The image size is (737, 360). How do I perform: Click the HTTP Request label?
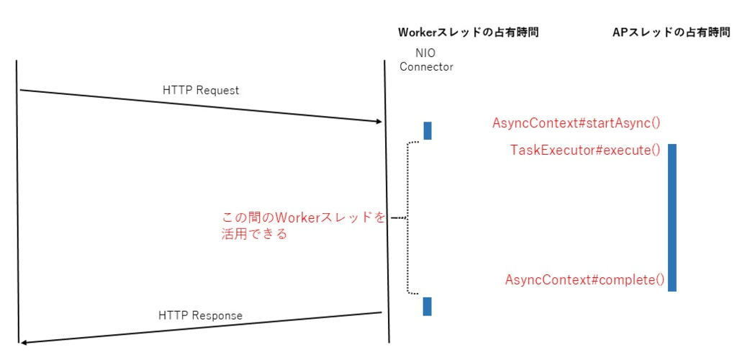201,91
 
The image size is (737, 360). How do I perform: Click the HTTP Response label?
200,315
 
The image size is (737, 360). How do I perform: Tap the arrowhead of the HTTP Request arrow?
379,121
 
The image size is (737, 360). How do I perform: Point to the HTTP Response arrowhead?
24,341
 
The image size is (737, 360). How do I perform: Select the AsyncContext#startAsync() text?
577,123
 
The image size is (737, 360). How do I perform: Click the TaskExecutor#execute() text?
585,150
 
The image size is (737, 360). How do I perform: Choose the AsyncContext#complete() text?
584,279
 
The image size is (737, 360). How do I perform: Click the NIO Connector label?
426,60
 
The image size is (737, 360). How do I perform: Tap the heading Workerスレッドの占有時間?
468,32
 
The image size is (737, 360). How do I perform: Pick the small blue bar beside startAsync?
428,130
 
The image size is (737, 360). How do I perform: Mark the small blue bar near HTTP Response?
428,306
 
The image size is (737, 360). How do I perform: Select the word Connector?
426,67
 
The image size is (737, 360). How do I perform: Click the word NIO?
426,53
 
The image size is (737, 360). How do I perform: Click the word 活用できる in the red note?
254,234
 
